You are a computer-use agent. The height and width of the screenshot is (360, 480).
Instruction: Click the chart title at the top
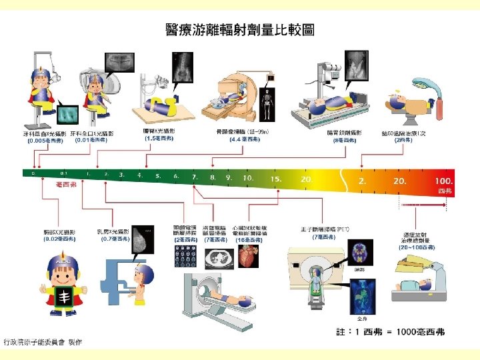pos(239,30)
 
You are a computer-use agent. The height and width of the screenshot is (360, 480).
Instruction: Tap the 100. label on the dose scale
pos(443,181)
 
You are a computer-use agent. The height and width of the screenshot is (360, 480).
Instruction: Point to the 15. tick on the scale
pos(276,179)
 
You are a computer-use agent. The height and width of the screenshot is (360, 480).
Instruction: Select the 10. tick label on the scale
pos(247,178)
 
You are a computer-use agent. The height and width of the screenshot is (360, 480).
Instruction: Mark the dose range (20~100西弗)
pos(417,247)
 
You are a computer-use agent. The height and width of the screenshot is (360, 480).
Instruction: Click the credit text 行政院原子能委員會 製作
pos(43,342)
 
